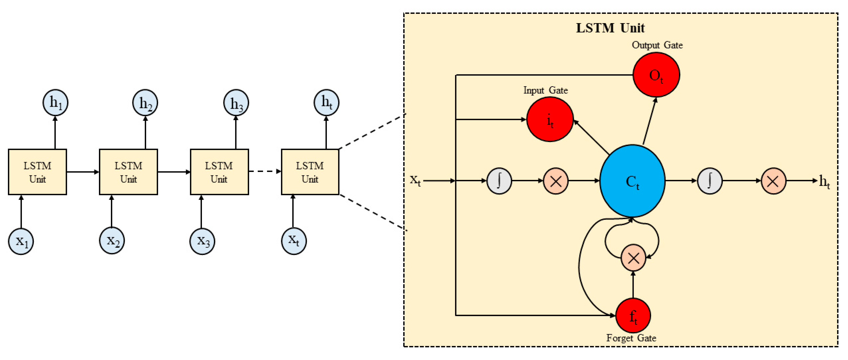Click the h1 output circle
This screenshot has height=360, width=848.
click(x=55, y=102)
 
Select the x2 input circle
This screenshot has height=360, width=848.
click(x=112, y=241)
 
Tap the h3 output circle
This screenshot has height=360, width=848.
click(x=236, y=102)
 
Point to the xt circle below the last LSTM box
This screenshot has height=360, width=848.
click(x=294, y=241)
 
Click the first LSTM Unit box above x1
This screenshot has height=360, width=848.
click(x=37, y=172)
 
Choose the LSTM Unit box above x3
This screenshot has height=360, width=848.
click(x=219, y=172)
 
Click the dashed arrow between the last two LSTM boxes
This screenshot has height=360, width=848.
click(x=265, y=171)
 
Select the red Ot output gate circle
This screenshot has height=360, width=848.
click(x=656, y=75)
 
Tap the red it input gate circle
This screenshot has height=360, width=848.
click(x=550, y=119)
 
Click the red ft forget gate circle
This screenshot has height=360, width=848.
click(x=633, y=315)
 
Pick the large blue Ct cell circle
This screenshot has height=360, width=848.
click(x=632, y=181)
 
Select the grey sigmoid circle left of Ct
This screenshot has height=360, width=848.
click(x=499, y=181)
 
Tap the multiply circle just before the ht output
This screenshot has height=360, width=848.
click(x=773, y=181)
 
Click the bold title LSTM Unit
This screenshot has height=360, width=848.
click(x=610, y=28)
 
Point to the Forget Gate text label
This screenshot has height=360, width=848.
click(x=631, y=338)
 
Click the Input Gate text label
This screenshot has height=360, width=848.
click(x=545, y=90)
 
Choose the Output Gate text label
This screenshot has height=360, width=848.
click(x=657, y=45)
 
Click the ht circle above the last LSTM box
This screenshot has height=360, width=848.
click(x=326, y=102)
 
